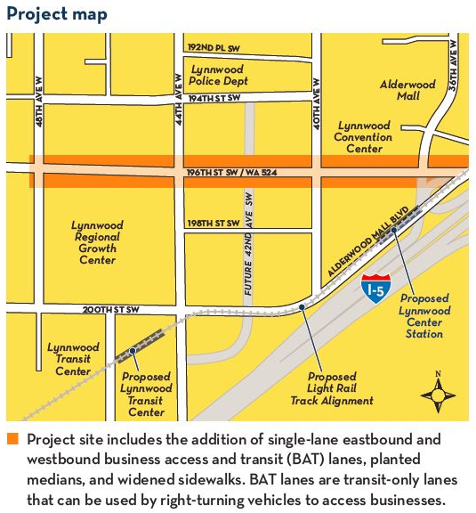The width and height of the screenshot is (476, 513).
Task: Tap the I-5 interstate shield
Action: click(x=375, y=287)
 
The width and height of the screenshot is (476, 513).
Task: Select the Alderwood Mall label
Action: click(x=407, y=90)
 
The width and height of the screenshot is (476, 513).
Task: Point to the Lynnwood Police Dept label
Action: click(x=218, y=75)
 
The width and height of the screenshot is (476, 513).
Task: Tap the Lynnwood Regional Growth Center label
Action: click(x=97, y=242)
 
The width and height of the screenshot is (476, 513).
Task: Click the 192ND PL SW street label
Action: click(x=214, y=46)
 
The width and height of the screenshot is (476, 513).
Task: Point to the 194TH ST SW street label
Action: click(x=214, y=98)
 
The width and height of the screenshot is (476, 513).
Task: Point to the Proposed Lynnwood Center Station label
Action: click(x=424, y=315)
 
